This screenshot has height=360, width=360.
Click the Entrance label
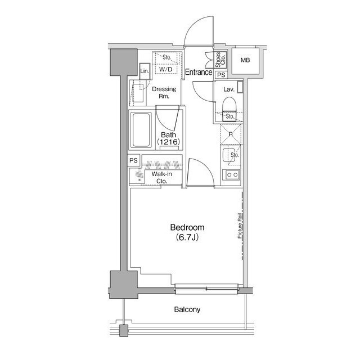[x=199, y=72]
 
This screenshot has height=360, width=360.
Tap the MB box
[x=246, y=60]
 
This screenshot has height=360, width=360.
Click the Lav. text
[x=229, y=89]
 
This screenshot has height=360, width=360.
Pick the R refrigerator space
[x=231, y=134]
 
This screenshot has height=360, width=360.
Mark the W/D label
[x=166, y=70]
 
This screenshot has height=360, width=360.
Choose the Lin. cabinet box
[x=145, y=71]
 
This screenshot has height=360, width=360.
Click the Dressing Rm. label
[x=164, y=93]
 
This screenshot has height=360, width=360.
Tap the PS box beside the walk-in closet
[x=134, y=160]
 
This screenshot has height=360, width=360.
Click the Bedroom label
[x=187, y=227]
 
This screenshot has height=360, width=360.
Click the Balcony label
[x=187, y=309]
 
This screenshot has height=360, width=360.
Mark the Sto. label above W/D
[x=167, y=57]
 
